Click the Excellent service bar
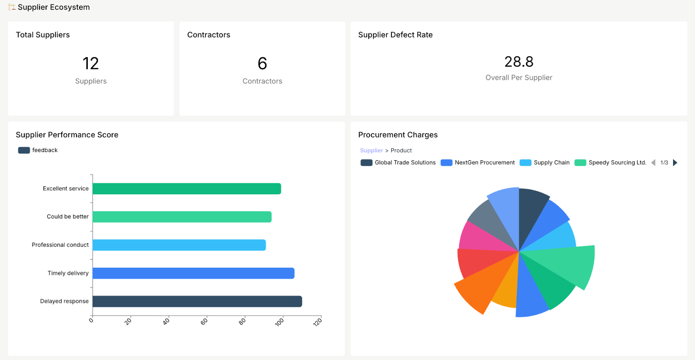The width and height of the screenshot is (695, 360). [187, 188]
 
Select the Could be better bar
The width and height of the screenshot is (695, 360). [182, 217]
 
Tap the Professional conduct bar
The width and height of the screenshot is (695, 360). [179, 245]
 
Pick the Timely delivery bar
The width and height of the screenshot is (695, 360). [193, 273]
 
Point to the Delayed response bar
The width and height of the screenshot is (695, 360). [197, 301]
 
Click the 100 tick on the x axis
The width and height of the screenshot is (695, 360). [279, 322]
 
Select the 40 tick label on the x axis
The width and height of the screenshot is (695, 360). [166, 322]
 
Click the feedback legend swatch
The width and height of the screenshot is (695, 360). [24, 150]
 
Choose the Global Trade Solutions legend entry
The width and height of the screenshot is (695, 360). [398, 162]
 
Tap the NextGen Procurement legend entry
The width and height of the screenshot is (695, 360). [478, 162]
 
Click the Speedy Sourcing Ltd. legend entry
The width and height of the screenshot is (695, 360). [611, 162]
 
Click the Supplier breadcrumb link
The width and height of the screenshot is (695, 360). [371, 150]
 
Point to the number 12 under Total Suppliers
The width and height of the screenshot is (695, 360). [91, 63]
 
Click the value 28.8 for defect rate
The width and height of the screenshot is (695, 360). [519, 62]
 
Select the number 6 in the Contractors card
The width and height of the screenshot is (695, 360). [262, 63]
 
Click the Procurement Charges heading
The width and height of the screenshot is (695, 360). [397, 135]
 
